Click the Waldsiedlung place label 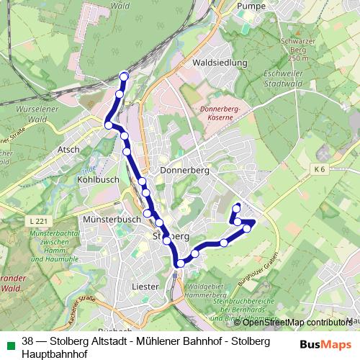coord(220,63)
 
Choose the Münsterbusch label coord(112,217)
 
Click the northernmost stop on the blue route coord(124,76)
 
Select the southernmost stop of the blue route coord(180,264)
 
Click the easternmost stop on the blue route coord(247,229)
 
